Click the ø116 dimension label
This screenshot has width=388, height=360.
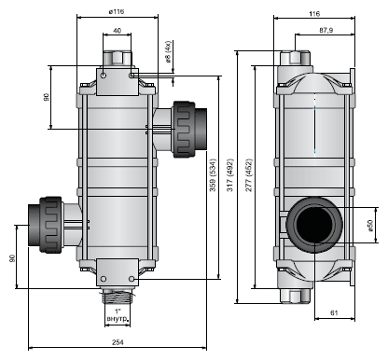point(117,11)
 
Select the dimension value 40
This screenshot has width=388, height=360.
point(117,31)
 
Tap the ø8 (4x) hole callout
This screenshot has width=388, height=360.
point(168,51)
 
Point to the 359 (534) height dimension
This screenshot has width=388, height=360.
point(213,175)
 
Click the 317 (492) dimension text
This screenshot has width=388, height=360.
point(230,175)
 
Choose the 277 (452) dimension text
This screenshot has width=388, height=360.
point(249,175)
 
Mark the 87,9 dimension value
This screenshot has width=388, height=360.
point(326,30)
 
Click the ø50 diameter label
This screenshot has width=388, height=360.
point(369,226)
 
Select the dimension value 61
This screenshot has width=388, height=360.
point(334,313)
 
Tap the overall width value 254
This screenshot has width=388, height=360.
point(118,342)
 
